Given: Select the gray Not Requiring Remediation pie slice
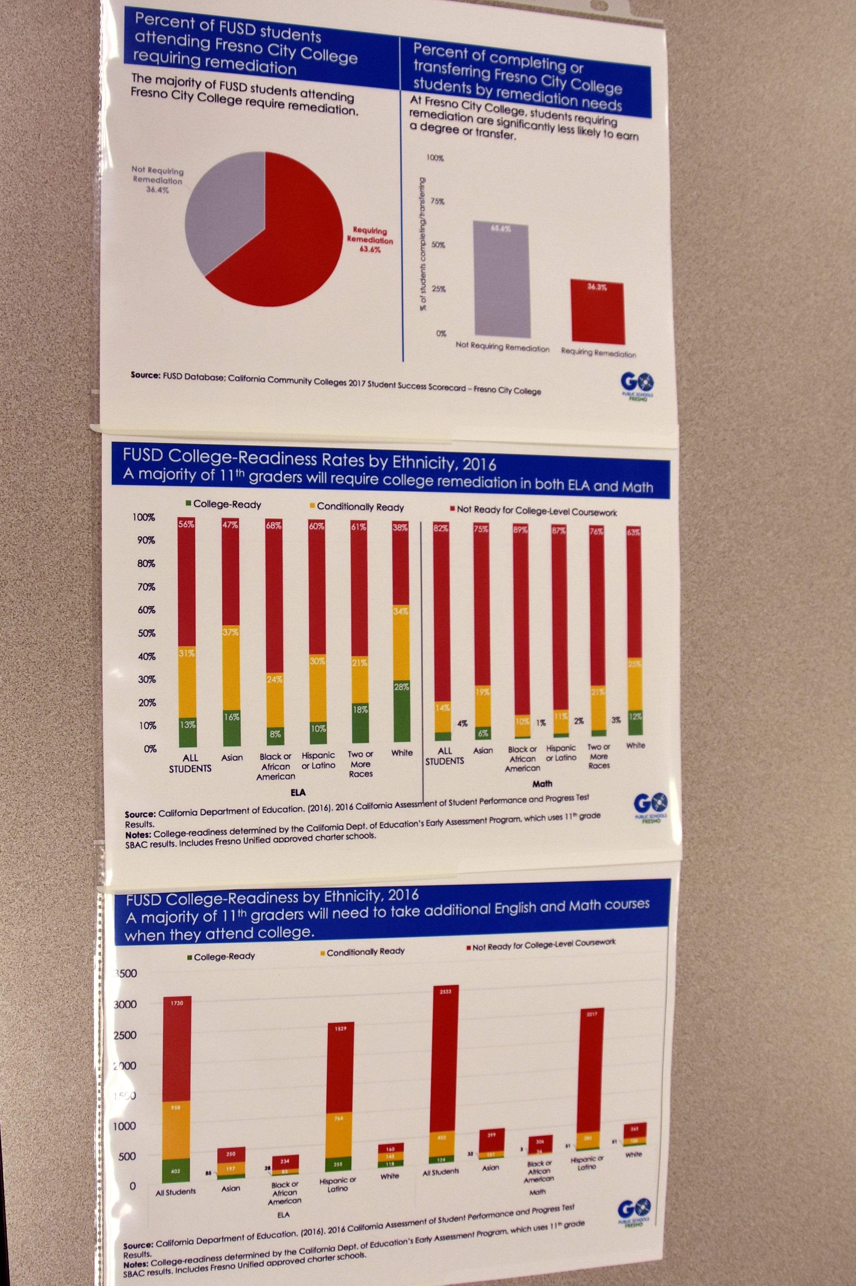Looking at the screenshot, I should tap(224, 213).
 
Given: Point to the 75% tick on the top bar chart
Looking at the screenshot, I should tap(437, 201).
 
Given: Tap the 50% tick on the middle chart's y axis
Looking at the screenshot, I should tap(145, 633).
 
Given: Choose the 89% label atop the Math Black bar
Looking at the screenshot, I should tap(520, 529).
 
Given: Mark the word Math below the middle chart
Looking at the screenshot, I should tap(542, 783).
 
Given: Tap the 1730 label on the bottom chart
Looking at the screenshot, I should tap(177, 1003).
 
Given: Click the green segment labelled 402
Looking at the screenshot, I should tap(176, 1170).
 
